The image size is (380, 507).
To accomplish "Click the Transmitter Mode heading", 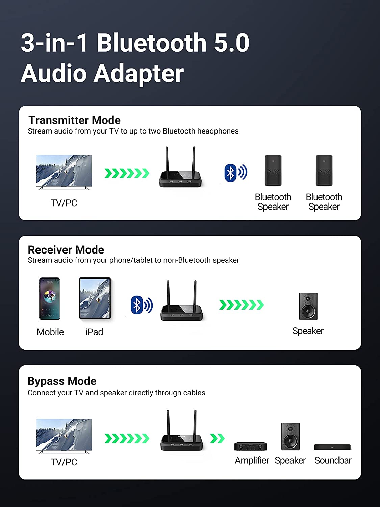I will tap(74, 120).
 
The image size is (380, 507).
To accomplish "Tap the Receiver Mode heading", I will tap(66, 250).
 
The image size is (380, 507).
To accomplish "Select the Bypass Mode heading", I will tap(62, 381).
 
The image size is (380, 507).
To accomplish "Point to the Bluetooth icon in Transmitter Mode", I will tap(235, 173).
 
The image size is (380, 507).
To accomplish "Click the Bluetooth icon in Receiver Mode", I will tap(142, 305).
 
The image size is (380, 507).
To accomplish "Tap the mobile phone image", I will tap(50, 299).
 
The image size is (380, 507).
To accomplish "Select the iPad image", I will tap(95, 298).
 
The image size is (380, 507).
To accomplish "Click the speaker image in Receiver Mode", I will tap(308, 307).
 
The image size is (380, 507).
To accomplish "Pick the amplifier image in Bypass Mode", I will tap(251, 446).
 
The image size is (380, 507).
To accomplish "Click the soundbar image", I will tap(332, 447).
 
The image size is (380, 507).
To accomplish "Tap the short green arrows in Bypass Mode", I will tap(217, 438).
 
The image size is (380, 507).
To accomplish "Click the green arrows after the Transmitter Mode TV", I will tap(127, 173).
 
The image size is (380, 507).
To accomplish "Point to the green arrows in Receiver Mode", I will tap(241, 305).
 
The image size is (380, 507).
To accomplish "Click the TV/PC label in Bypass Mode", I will tap(64, 462).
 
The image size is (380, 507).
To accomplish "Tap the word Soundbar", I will tap(333, 460).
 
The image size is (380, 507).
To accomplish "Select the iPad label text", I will tap(94, 332).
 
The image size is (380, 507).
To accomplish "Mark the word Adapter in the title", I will tap(138, 73).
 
